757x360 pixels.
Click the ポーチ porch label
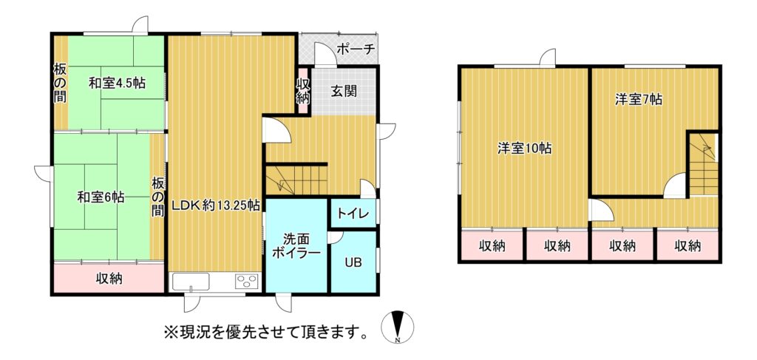[x=356, y=49]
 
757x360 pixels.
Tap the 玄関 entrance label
[x=344, y=91]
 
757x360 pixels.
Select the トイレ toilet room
[x=353, y=214]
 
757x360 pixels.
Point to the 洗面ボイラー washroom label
[x=296, y=245]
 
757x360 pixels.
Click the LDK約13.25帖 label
[x=217, y=206]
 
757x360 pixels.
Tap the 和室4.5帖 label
[x=117, y=83]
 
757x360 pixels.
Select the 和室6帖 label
[x=101, y=197]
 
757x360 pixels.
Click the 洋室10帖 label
[x=525, y=148]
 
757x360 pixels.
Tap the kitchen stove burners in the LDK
[x=248, y=281]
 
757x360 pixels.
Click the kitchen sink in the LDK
[x=191, y=282]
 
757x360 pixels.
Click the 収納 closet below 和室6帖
[x=109, y=277]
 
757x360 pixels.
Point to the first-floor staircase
[x=296, y=179]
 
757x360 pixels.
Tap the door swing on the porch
[x=322, y=53]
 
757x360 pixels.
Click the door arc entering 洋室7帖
[x=675, y=186]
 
